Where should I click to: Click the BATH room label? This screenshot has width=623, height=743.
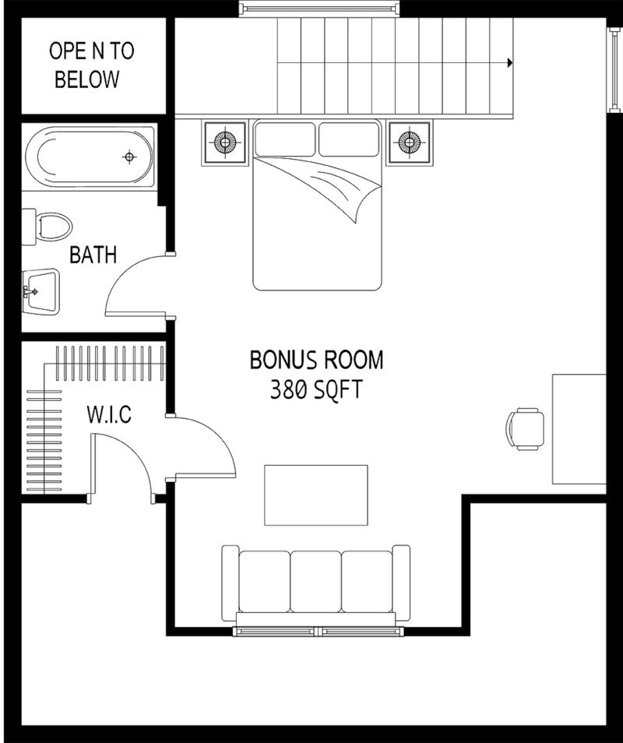[x=93, y=255]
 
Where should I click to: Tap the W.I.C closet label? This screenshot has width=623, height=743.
[x=109, y=414]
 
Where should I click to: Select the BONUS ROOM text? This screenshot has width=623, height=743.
[x=316, y=360]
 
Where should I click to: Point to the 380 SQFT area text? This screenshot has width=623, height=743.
[x=316, y=390]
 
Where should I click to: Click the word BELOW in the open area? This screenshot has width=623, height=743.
[x=87, y=79]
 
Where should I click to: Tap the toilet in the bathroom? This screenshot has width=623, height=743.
[x=47, y=227]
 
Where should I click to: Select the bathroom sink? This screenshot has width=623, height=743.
[x=40, y=291]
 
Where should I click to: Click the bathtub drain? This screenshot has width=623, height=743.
[x=128, y=157]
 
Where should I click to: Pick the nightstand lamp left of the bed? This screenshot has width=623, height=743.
[x=225, y=142]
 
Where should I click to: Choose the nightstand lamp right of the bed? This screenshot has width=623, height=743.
[x=410, y=142]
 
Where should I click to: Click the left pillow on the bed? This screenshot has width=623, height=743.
[x=285, y=139]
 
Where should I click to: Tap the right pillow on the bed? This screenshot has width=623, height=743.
[x=349, y=139]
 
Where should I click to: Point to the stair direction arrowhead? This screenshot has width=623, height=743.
[x=510, y=62]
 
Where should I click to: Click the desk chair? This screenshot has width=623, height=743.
[x=525, y=429]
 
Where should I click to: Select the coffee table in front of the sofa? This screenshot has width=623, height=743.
[x=316, y=495]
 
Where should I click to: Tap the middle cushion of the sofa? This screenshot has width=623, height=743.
[x=316, y=582]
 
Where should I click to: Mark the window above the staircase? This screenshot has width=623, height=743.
[x=319, y=9]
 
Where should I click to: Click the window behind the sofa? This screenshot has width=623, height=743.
[x=319, y=631]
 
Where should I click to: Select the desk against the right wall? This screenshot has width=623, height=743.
[x=579, y=429]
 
